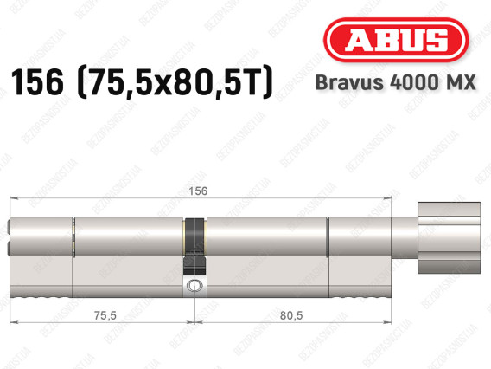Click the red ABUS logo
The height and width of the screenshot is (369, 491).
396,40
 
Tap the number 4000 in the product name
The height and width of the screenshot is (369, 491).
416,82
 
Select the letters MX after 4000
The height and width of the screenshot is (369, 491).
462,82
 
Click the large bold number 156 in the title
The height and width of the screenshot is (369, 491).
37,82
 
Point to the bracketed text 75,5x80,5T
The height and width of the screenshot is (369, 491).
175,82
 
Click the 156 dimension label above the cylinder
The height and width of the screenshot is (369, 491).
198,191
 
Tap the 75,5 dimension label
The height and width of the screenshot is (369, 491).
105,315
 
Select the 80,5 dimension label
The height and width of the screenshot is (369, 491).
291,315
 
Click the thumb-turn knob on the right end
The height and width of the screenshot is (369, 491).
449,237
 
